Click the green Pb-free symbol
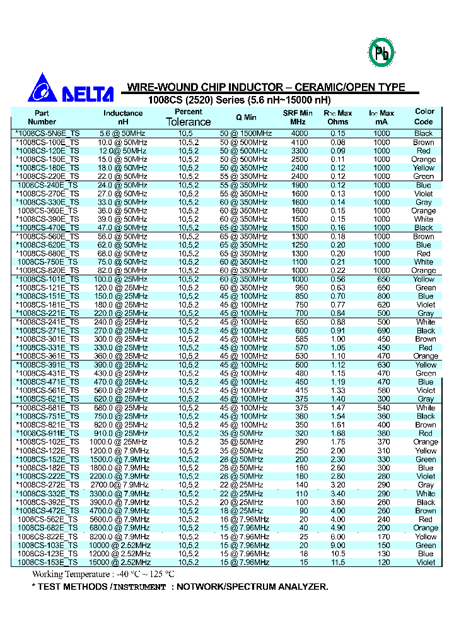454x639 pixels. coord(381,54)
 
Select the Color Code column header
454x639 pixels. coord(424,116)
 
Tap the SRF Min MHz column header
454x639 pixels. coord(298,117)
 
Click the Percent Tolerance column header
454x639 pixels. coord(188,117)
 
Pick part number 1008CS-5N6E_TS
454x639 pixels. coord(48,133)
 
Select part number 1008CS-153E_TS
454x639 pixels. coord(48,562)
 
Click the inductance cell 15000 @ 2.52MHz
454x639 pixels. coord(124,562)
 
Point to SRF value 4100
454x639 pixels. coord(299,142)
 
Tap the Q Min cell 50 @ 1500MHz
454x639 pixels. coord(245,133)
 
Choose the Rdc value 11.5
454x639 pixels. coord(339,562)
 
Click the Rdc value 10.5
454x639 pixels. coord(339,554)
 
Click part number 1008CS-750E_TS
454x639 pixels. coord(48,262)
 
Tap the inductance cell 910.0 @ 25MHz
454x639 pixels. coord(124,433)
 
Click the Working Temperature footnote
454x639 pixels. coord(103,575)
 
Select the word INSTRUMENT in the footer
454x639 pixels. coord(139,587)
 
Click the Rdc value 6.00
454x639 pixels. coord(339,537)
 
